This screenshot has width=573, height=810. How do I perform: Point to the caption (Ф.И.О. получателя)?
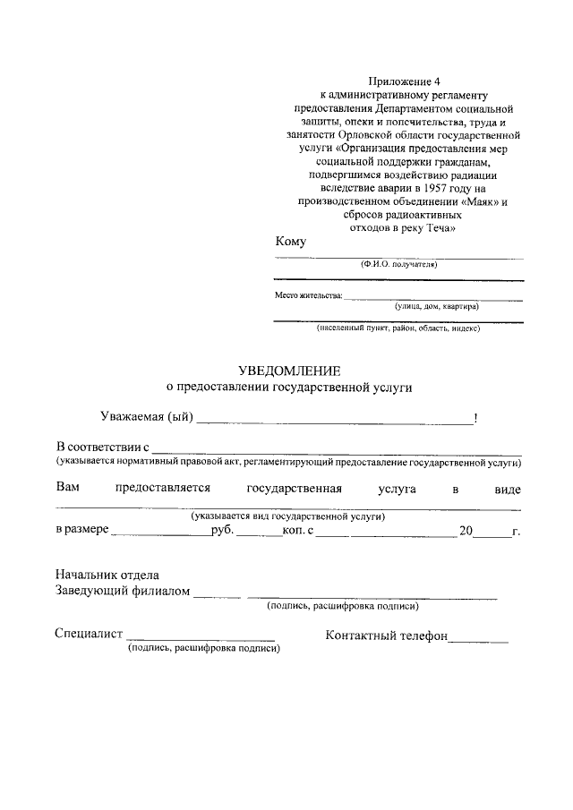398,265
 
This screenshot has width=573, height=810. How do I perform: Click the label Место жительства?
308,296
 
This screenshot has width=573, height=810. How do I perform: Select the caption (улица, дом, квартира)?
436,306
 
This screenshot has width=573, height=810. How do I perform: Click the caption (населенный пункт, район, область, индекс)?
398,328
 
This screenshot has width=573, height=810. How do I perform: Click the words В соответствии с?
101,446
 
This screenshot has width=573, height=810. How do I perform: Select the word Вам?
67,489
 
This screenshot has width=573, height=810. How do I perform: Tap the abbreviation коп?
294,531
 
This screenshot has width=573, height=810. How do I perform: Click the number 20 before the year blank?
466,531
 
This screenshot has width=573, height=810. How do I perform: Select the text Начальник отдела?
107,576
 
